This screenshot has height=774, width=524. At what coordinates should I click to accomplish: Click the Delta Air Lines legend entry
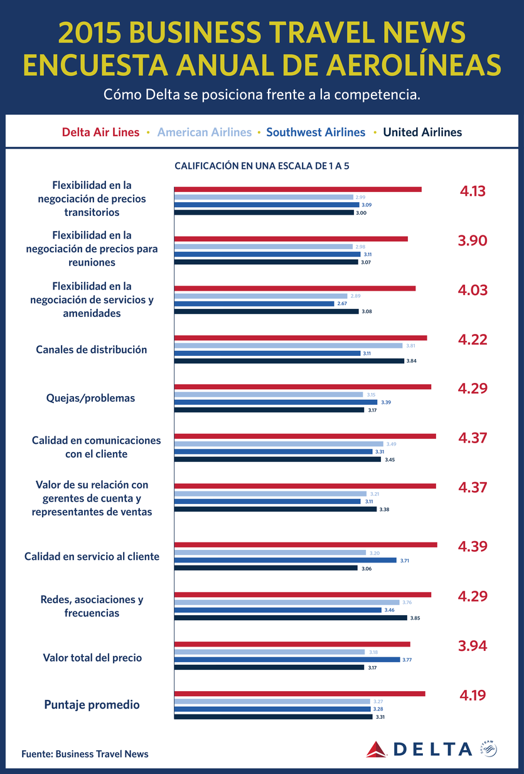(100, 132)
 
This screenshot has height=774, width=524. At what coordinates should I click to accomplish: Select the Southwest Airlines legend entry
(316, 132)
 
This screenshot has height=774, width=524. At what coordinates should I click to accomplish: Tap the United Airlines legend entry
(422, 132)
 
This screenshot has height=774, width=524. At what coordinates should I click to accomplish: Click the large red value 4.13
(473, 191)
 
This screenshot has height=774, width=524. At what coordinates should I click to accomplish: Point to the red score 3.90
(473, 241)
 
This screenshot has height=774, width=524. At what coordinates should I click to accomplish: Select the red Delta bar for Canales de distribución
(300, 338)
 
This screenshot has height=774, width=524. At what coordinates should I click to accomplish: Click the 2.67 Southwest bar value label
(343, 303)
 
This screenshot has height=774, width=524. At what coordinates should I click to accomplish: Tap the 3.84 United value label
(412, 361)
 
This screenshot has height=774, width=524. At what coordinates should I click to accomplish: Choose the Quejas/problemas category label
(90, 398)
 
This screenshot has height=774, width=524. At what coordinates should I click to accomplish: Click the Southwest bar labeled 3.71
(285, 560)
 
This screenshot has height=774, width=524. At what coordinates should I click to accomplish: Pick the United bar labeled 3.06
(265, 568)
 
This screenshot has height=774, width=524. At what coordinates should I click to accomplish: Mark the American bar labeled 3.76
(286, 602)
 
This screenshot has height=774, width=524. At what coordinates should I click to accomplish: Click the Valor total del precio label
(92, 658)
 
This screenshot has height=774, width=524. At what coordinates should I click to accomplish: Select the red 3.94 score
(473, 646)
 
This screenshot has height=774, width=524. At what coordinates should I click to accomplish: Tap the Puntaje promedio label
(92, 705)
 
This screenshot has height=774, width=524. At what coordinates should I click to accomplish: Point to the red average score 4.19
(473, 695)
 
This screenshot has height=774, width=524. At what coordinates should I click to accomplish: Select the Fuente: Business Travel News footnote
(85, 754)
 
